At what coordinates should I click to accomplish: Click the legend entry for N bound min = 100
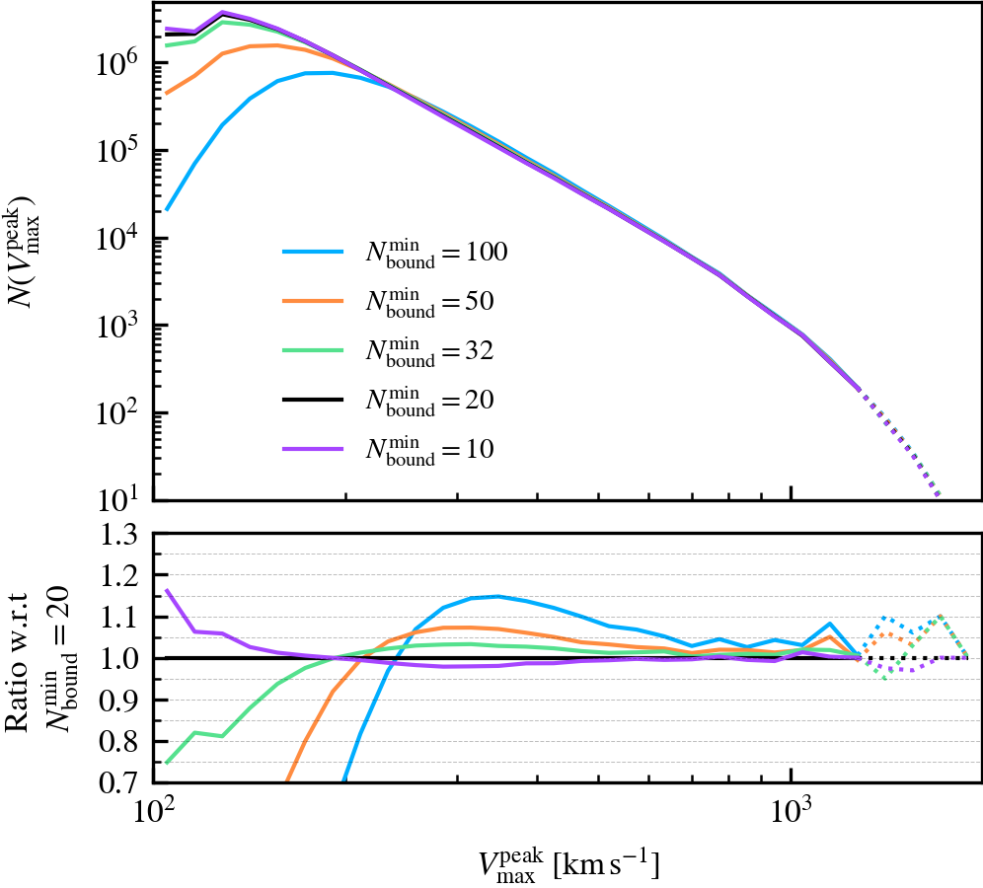click(x=395, y=254)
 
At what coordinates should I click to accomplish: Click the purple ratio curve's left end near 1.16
click(x=167, y=590)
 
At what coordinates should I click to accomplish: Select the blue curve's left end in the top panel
click(x=167, y=209)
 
